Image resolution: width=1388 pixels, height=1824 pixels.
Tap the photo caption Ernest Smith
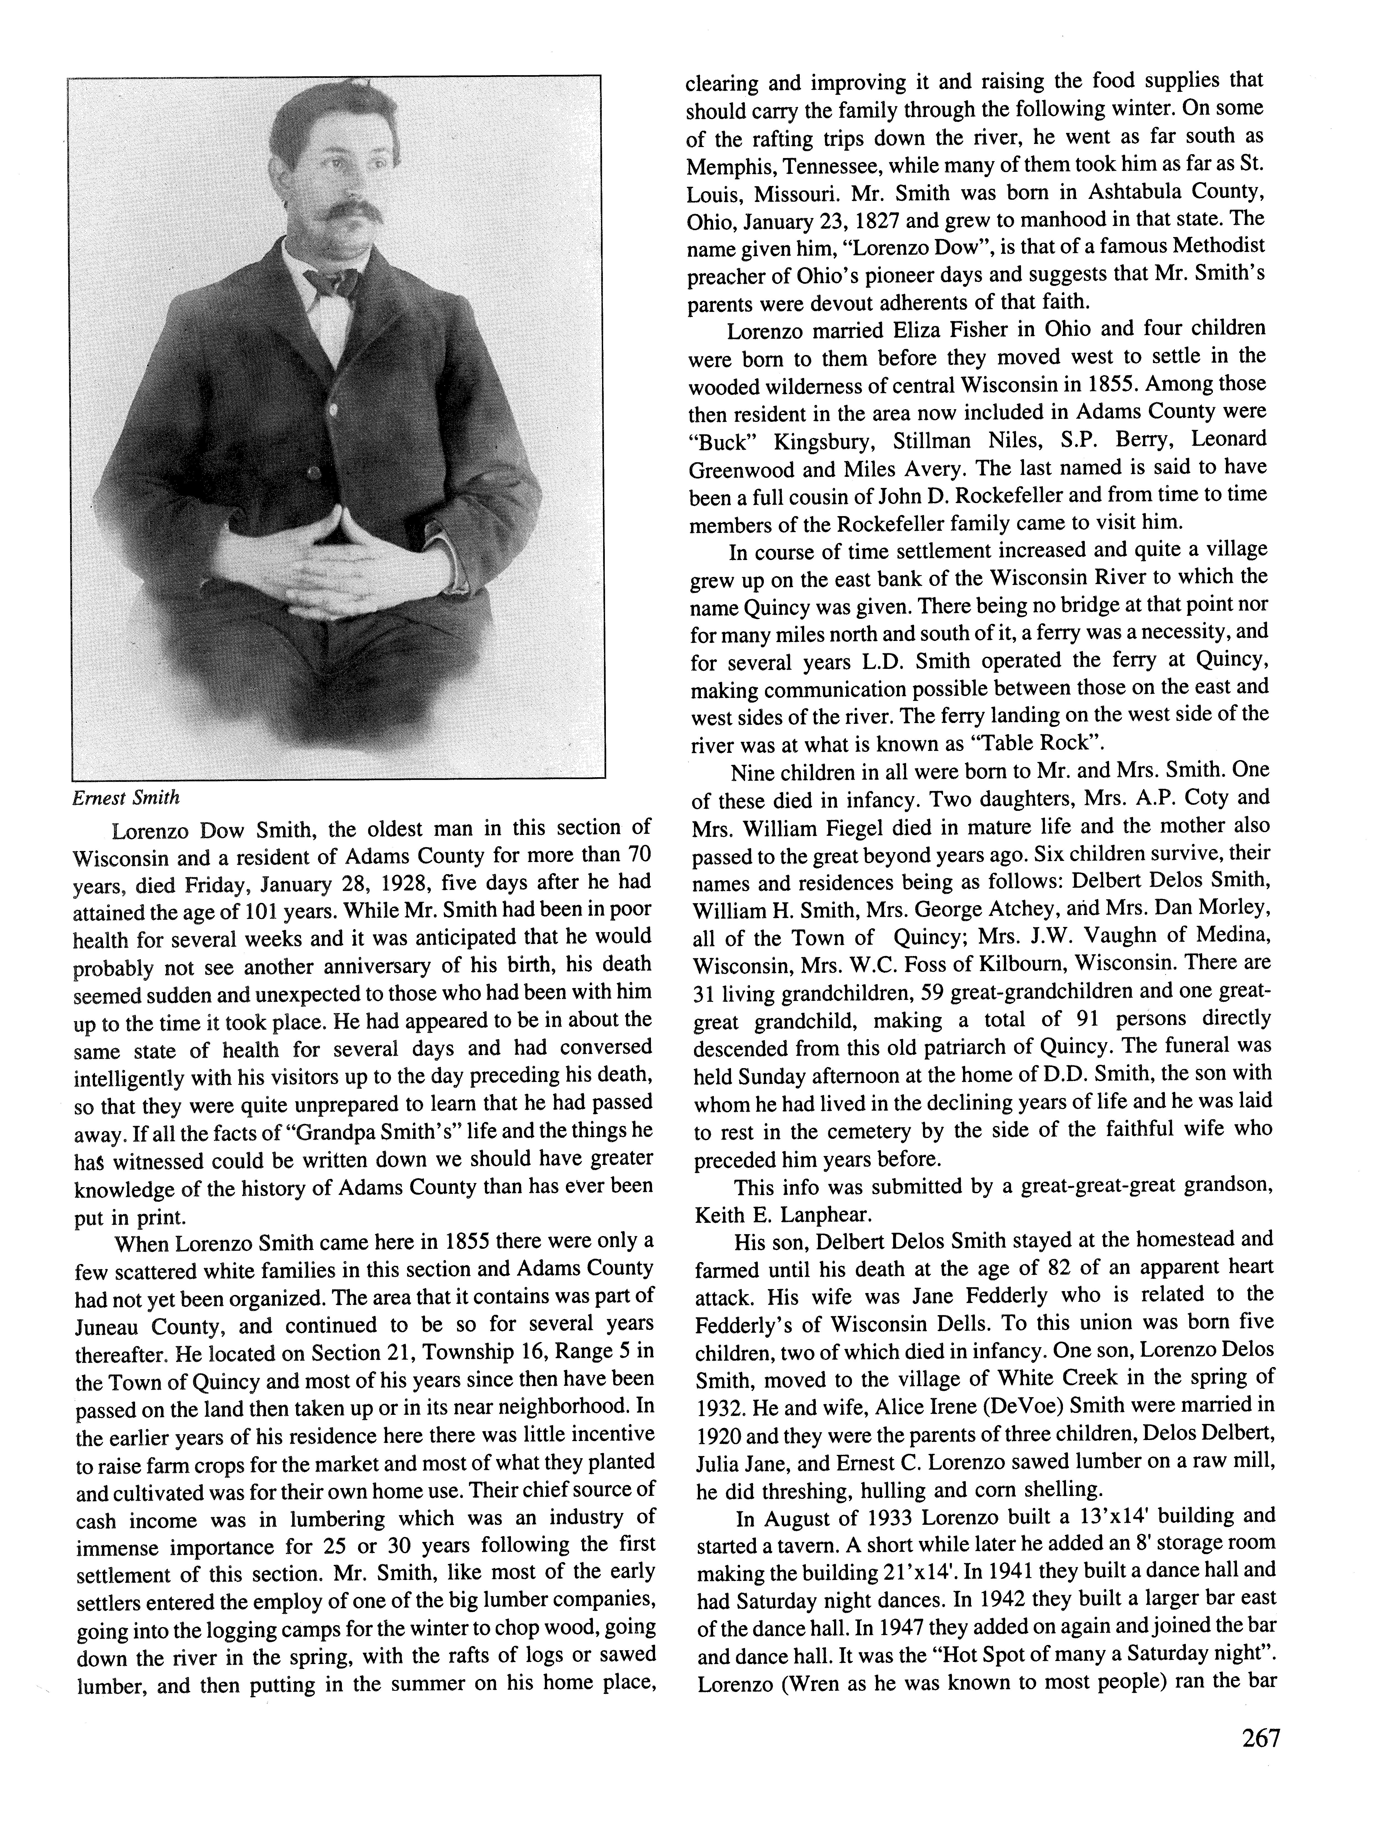point(126,798)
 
